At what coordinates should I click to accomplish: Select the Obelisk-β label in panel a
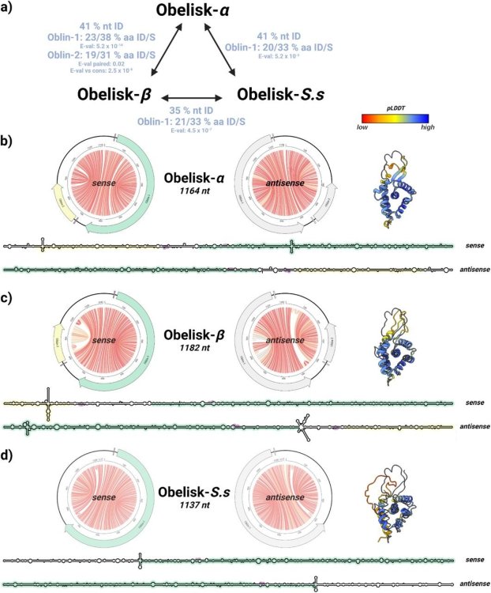coord(114,94)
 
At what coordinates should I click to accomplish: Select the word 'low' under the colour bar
coord(364,126)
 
